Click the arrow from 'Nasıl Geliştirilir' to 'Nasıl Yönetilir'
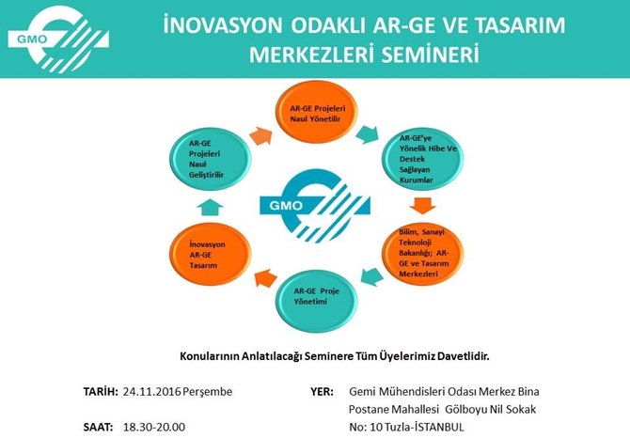click(260, 134)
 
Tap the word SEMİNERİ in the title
click(427, 55)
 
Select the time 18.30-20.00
click(154, 427)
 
